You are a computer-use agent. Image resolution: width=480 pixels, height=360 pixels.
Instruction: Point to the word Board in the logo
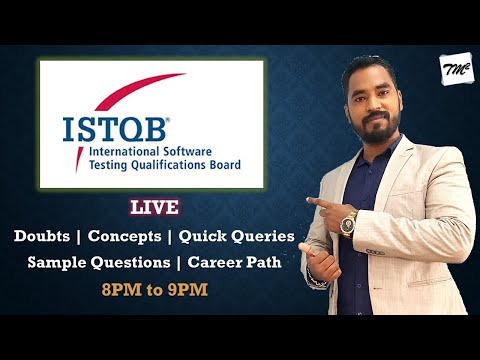tap(224, 166)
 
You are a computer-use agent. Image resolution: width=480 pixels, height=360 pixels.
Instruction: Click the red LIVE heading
tap(154, 208)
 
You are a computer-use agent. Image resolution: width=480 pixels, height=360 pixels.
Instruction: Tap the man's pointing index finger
tap(313, 202)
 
